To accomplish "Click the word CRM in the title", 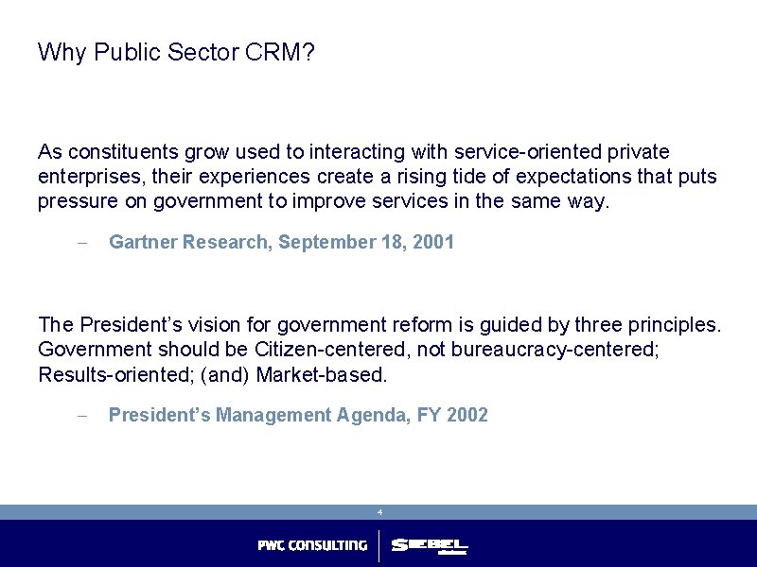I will pyautogui.click(x=279, y=52).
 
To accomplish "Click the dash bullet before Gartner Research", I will pyautogui.click(x=81, y=243).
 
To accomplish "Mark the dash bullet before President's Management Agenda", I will pyautogui.click(x=81, y=416).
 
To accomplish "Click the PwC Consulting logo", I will pyautogui.click(x=312, y=545).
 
